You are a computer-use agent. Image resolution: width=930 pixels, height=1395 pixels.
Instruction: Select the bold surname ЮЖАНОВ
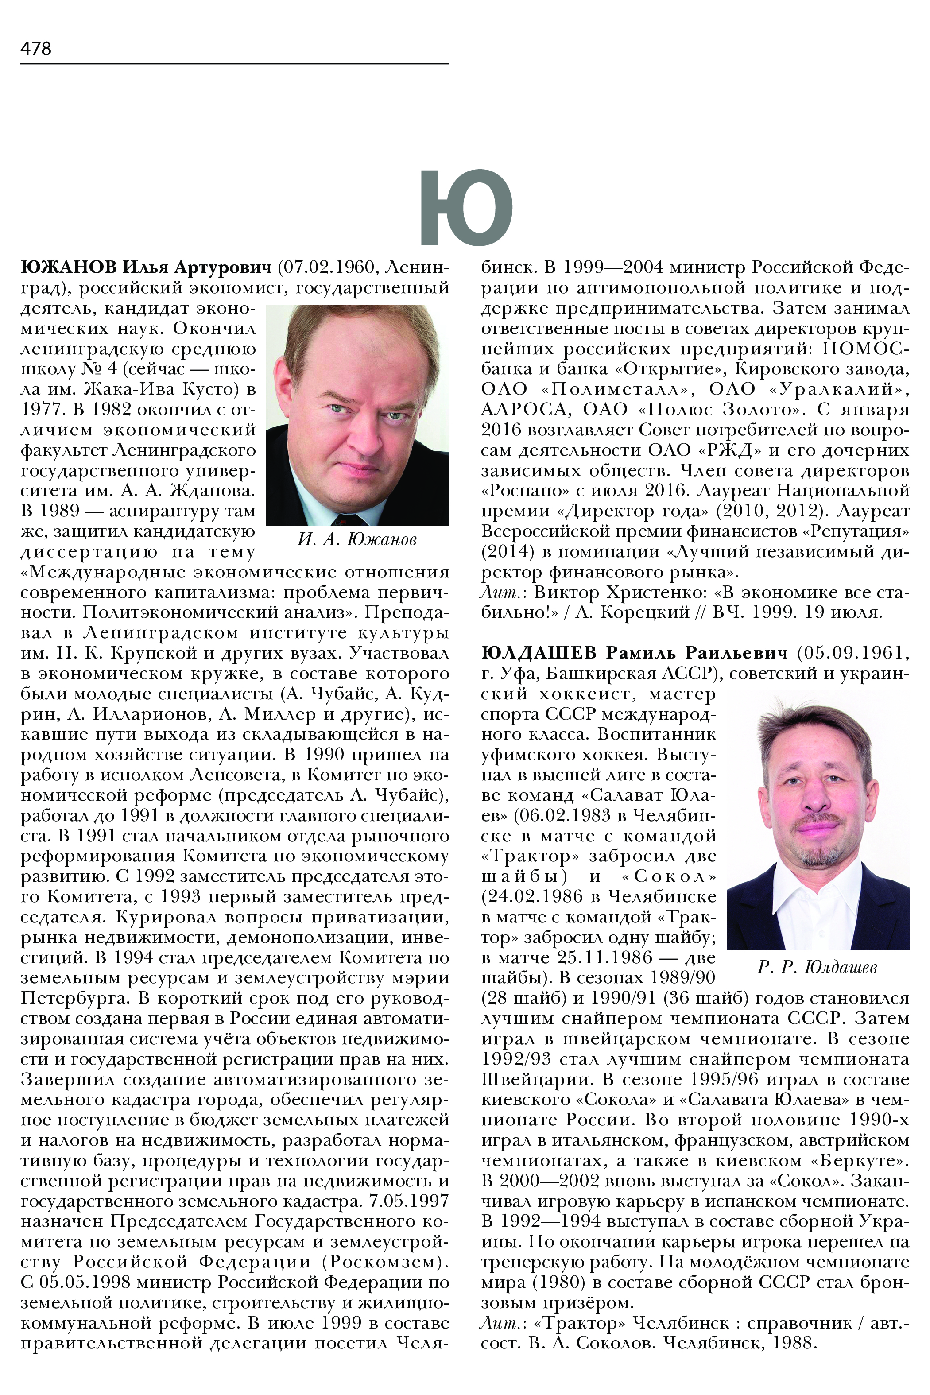pos(69,267)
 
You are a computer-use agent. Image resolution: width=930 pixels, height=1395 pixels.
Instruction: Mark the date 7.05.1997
pos(409,1201)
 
